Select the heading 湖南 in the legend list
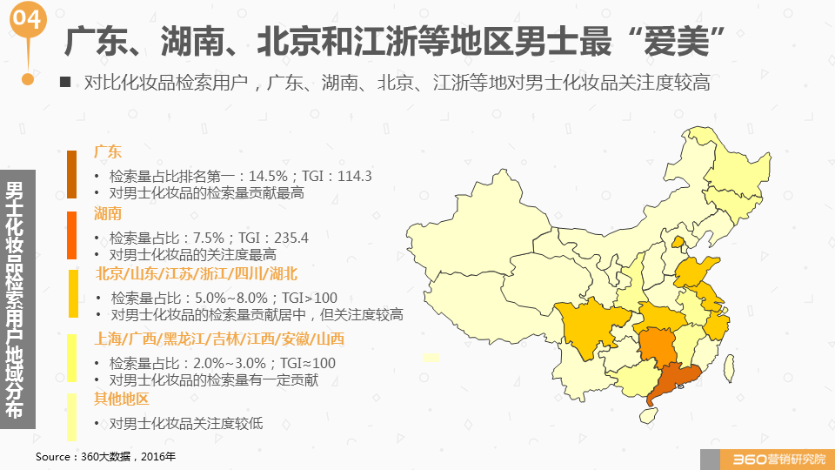[108, 214]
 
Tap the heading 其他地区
[122, 399]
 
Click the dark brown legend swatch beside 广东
[72, 174]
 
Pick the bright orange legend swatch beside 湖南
[72, 235]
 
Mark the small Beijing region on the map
[678, 241]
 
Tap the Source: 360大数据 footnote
[105, 456]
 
